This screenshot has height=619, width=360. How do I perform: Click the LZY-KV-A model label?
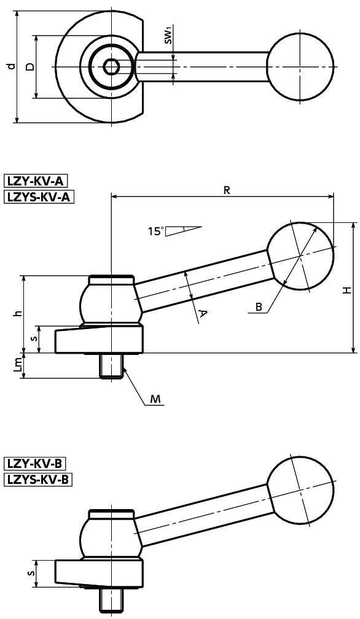36,181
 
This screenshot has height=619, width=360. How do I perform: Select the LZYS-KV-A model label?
39,197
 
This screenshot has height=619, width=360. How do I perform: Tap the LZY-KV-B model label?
35,462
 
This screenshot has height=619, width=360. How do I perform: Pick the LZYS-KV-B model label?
38,479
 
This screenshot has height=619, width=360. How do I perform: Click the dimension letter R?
227,190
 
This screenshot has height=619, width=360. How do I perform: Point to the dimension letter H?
346,290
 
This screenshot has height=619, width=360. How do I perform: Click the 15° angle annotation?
155,231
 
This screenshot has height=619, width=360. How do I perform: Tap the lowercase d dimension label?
11,66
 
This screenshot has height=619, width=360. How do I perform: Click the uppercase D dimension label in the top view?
29,66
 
